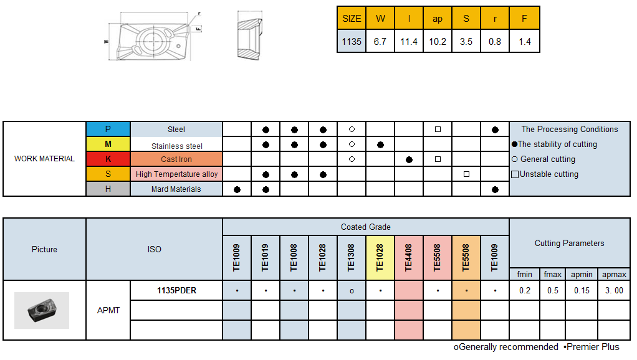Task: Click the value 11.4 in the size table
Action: coord(409,42)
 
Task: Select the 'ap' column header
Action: coord(438,18)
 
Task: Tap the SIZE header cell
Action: coord(352,18)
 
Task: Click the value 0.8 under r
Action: coord(495,42)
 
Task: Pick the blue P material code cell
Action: coord(108,130)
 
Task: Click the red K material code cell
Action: coord(108,159)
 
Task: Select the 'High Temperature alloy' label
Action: coord(176,174)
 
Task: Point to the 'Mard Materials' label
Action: coord(176,189)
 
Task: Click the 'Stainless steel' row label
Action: coord(176,145)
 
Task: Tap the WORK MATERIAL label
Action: coord(44,159)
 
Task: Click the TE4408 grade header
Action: coord(409,257)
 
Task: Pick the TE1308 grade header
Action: coord(352,257)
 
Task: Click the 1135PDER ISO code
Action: coord(176,290)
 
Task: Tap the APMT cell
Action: coord(108,310)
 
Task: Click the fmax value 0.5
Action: coord(553,290)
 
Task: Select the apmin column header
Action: coord(582,274)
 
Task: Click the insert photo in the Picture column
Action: coord(42,310)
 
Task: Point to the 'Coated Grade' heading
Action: coord(366,227)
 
